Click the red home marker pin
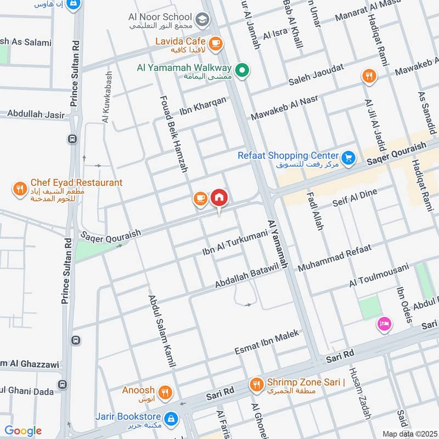(x=219, y=197)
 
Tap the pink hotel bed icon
(x=384, y=324)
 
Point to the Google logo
(x=23, y=431)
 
